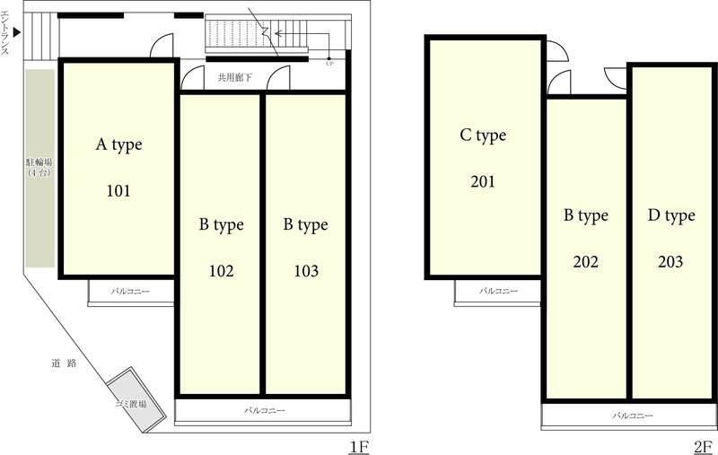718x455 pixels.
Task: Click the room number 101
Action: pos(118,190)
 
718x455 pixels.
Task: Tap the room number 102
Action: pos(221,271)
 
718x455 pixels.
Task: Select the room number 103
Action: pos(306,271)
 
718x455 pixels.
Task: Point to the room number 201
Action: pos(483,181)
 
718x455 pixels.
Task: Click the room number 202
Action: pos(586,262)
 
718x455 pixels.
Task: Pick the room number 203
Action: pos(670,262)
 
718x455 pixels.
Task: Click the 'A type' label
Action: pos(119,145)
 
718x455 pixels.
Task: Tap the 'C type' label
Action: pos(483,136)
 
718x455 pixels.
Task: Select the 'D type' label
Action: pos(671,216)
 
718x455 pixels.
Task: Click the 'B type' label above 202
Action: pos(586,216)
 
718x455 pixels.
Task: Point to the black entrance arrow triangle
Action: pos(17,32)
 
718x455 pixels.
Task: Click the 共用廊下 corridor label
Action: pos(235,77)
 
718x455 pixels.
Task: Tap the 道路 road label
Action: pos(64,363)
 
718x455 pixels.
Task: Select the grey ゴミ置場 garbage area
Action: pos(136,399)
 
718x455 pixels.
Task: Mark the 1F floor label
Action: pos(360,447)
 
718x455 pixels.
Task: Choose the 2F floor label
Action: pos(704,447)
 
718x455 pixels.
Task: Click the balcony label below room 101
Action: pos(130,291)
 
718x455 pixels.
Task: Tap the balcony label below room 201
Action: pos(499,291)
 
